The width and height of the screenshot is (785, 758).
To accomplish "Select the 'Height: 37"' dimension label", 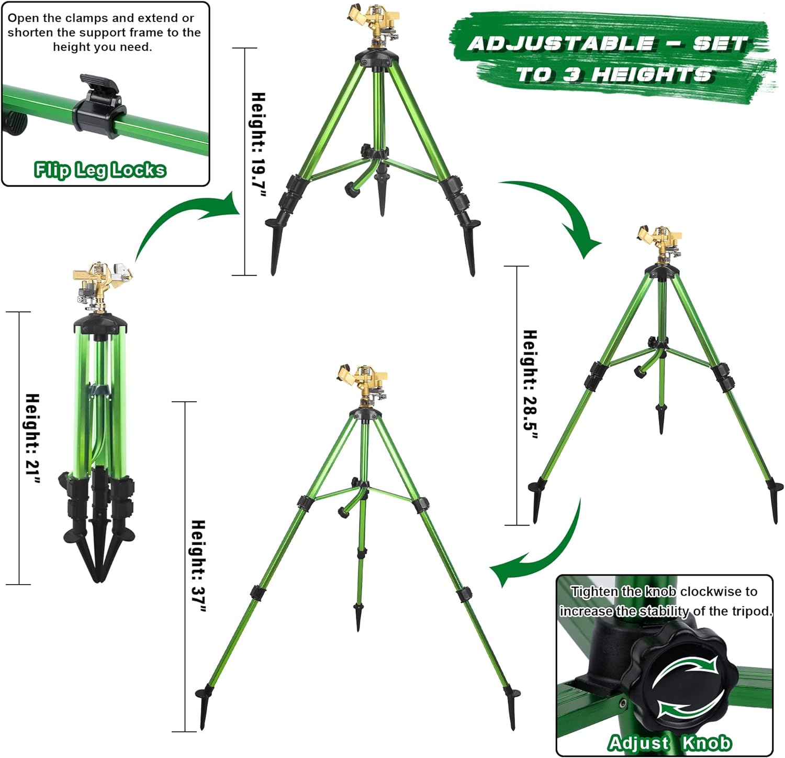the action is click(198, 566).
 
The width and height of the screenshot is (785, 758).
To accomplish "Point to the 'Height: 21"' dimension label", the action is click(32, 439).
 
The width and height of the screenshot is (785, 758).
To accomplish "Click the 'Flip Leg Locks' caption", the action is click(100, 170).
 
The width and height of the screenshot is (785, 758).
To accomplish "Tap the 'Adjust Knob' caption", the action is click(669, 742).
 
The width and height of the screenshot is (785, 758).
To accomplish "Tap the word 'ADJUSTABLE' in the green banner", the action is click(560, 44).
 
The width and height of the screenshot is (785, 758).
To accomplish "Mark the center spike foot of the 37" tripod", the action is click(359, 617).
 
